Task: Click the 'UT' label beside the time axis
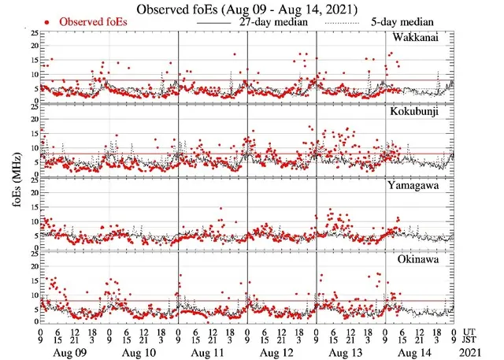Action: [469, 332]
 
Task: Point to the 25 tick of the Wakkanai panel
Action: [32, 34]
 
